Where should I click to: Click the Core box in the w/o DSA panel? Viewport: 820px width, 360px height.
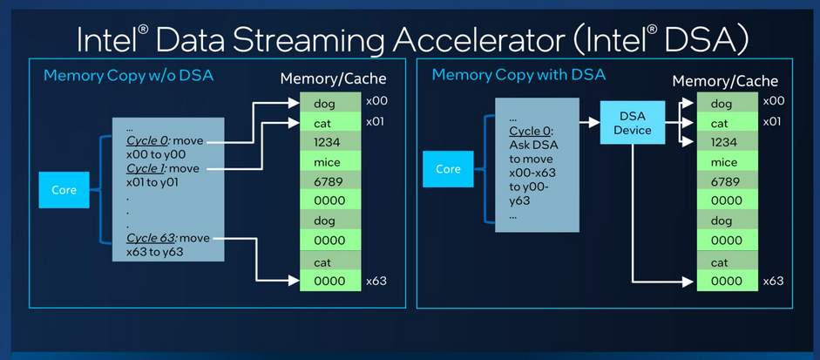64,189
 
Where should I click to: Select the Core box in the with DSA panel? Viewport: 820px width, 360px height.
448,169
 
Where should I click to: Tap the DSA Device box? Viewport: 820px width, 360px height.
632,123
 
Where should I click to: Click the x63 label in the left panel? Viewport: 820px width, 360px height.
375,281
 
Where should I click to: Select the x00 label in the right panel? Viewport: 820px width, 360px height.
772,101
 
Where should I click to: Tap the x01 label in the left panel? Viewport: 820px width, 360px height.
375,121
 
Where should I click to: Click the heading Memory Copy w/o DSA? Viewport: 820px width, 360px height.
128,76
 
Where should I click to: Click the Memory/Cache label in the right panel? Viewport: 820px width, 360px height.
725,81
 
